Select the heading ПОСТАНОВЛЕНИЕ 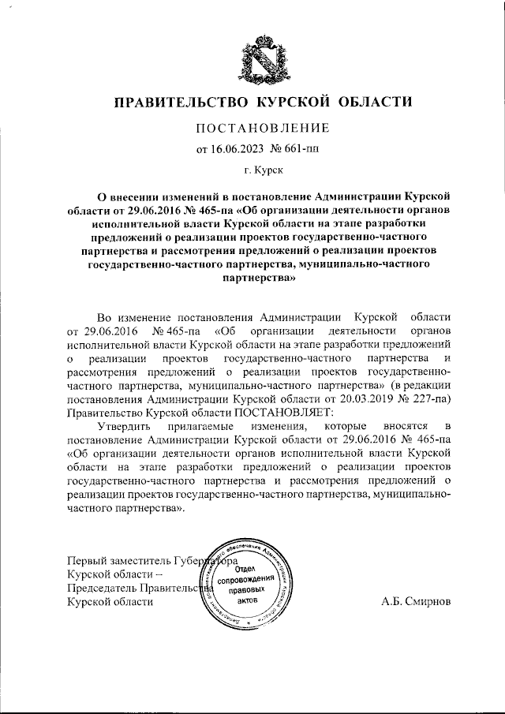[252, 128]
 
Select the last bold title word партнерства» [252, 278]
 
